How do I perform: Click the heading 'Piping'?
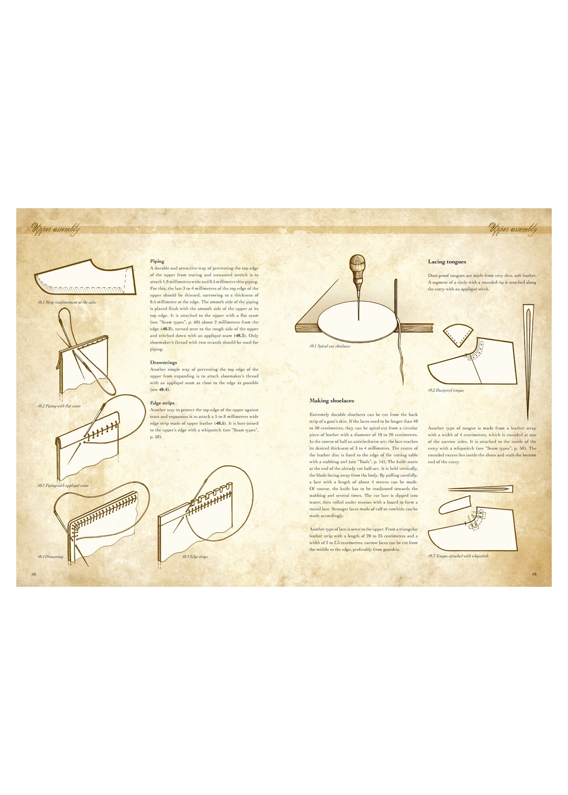(x=157, y=261)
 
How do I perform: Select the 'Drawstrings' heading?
(x=164, y=362)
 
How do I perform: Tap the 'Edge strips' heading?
(x=162, y=403)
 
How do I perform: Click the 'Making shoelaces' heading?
(x=332, y=401)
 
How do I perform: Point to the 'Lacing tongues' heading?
(x=447, y=262)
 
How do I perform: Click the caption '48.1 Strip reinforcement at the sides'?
(x=67, y=302)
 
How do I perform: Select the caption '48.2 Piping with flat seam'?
(x=59, y=406)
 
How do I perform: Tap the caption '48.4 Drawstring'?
(x=50, y=557)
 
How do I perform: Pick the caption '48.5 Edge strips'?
(x=195, y=557)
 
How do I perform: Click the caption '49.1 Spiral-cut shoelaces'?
(x=329, y=346)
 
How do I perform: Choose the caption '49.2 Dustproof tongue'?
(x=446, y=390)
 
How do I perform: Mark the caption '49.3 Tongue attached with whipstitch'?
(x=458, y=556)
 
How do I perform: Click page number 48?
(x=34, y=574)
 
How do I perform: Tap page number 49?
(x=534, y=574)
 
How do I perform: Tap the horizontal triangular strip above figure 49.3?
(x=480, y=489)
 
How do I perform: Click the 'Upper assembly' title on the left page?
(x=56, y=229)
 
